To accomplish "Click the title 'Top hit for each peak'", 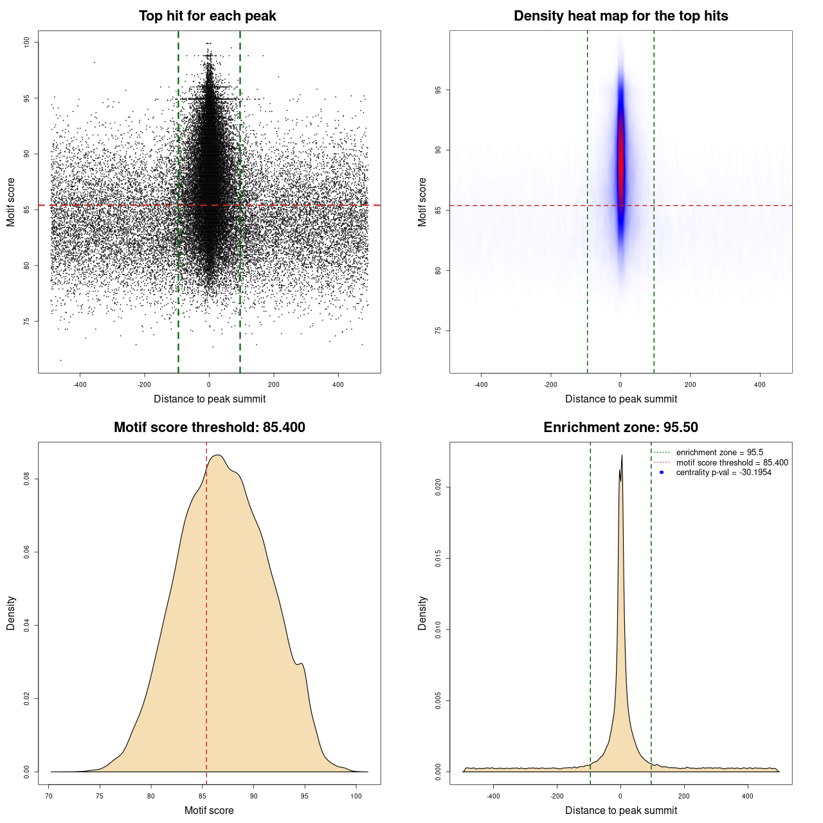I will click(x=207, y=16).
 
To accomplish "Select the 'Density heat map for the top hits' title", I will click(x=620, y=16).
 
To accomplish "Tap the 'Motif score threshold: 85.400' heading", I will click(x=209, y=428).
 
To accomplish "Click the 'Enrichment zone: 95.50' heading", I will click(x=620, y=428).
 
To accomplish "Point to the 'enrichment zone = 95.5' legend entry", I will click(x=719, y=453).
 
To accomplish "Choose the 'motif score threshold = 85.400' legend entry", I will click(x=732, y=462).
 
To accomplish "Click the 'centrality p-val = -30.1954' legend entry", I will click(x=723, y=473).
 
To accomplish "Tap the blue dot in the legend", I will click(x=662, y=473).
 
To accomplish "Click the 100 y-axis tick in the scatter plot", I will click(x=26, y=42).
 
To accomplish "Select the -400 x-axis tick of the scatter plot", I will click(x=80, y=384).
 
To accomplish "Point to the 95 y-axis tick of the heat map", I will click(x=438, y=90).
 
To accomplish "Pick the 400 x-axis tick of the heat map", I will click(x=760, y=384).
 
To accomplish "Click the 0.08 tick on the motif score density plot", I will click(x=26, y=479).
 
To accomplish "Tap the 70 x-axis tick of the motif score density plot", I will click(x=50, y=796).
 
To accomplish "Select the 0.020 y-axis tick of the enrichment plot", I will click(x=438, y=487).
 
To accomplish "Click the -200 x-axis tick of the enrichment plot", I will click(x=557, y=796).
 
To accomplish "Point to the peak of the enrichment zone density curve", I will click(x=622, y=455).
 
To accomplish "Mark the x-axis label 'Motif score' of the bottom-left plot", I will click(x=209, y=810).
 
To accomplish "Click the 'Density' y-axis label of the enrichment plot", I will click(x=422, y=613).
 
